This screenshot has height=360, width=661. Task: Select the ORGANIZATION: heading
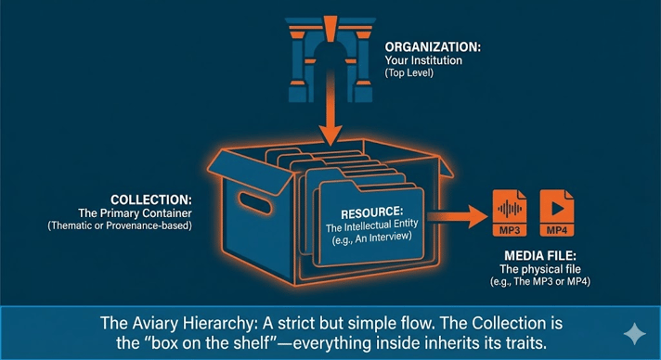434,46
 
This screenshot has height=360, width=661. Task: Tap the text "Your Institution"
422,62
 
